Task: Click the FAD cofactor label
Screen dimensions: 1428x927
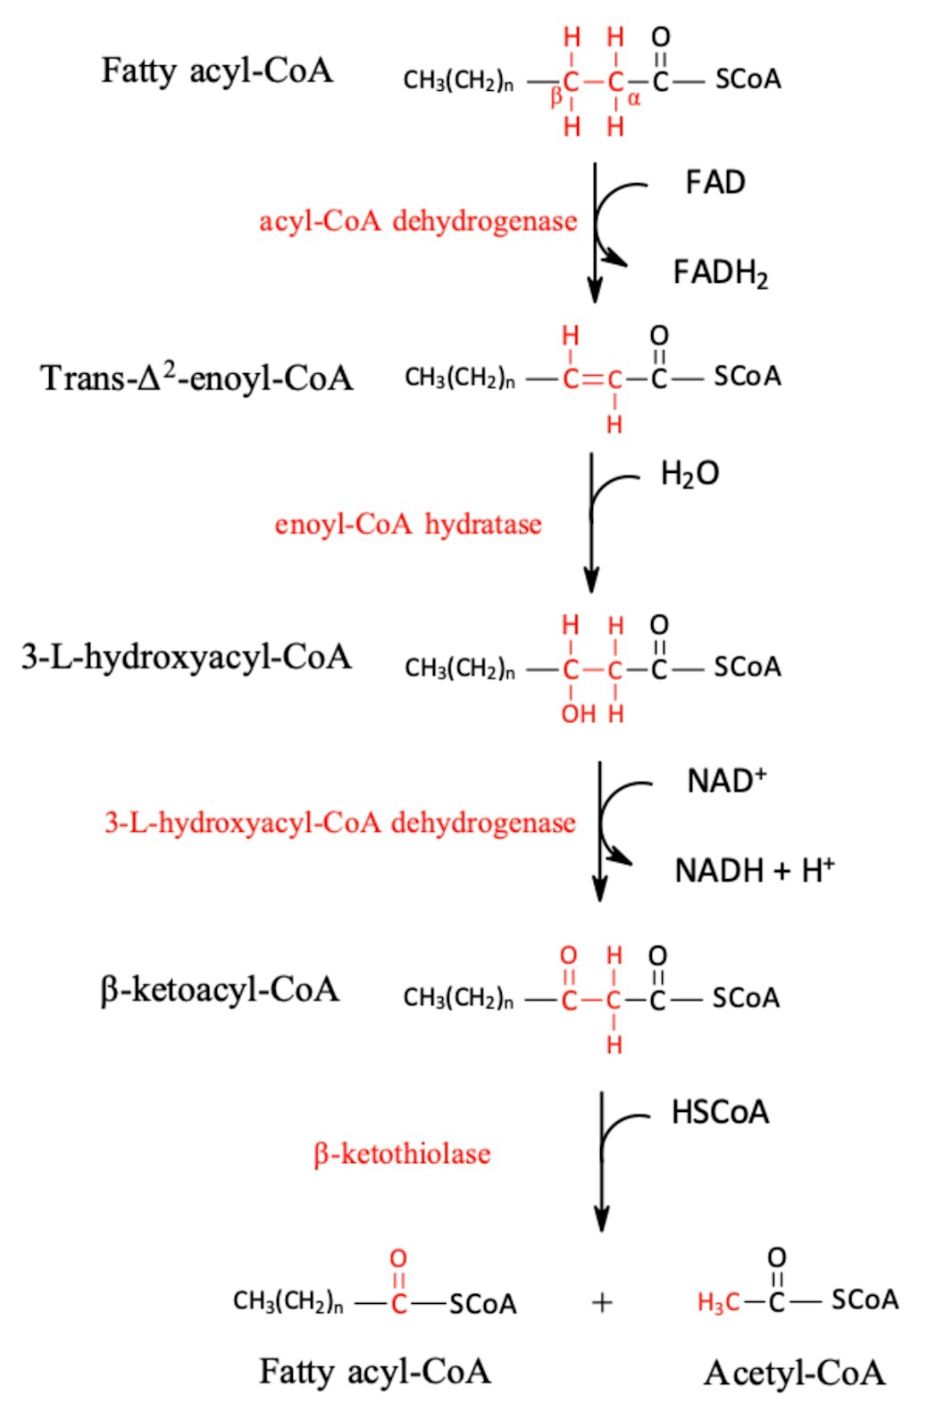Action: coord(714,183)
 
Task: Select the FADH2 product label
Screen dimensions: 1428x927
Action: coord(720,273)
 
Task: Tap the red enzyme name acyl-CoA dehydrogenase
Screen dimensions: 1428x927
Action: coord(418,221)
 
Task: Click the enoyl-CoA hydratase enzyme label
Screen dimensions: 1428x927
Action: coord(408,524)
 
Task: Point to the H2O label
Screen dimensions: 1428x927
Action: coord(689,474)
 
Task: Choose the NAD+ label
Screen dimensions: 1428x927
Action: coord(726,781)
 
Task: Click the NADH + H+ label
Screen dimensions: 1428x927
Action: coord(754,870)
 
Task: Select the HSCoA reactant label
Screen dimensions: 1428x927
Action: coord(720,1113)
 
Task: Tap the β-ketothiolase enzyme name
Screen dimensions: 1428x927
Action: coord(402,1154)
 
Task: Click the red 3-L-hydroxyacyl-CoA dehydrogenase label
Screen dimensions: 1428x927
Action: coord(340,823)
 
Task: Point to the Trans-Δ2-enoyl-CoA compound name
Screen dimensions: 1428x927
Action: coord(196,378)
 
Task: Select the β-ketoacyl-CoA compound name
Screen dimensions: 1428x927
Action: coord(220,991)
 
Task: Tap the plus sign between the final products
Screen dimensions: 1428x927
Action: coord(602,1303)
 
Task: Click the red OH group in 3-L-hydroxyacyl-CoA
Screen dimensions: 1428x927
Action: coord(578,714)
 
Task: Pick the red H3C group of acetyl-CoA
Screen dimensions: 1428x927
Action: coord(718,1303)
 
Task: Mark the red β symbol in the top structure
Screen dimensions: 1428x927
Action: coord(555,96)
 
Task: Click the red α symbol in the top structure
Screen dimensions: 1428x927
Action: coord(634,99)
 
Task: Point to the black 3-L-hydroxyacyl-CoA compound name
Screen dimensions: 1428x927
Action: coord(187,658)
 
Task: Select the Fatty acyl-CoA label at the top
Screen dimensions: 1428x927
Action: coord(217,71)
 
